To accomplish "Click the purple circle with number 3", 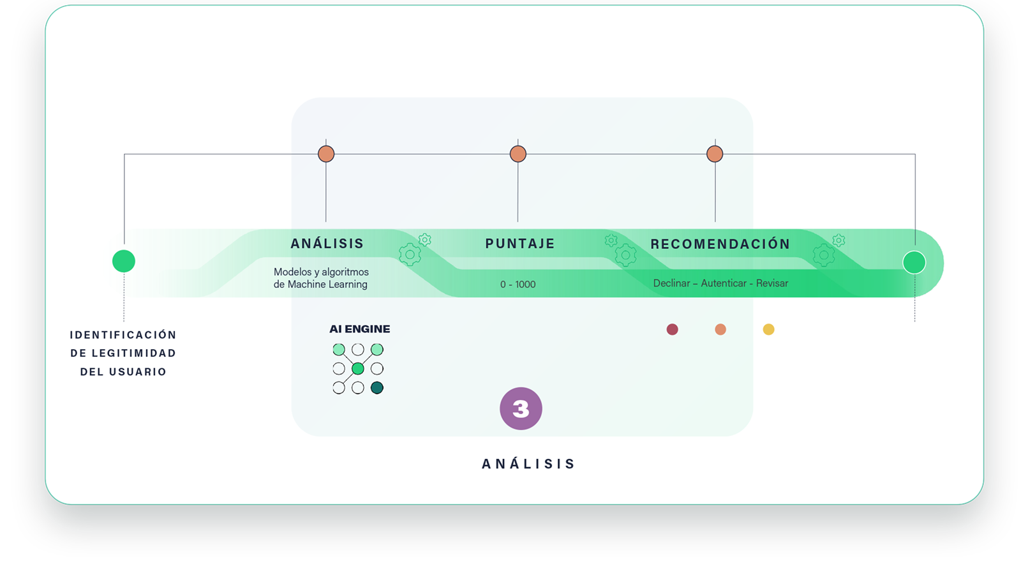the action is tap(521, 408).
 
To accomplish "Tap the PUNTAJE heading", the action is tap(520, 244).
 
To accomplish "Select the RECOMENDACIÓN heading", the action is tap(720, 244).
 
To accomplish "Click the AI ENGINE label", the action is tap(360, 329).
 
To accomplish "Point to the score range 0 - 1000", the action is tap(518, 285).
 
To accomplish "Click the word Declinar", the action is tap(671, 283).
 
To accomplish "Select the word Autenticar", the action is tap(724, 283).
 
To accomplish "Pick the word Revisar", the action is tap(772, 283).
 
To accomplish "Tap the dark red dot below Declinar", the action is tap(673, 329).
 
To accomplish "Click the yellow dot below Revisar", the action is tap(768, 329).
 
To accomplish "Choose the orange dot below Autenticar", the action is tap(720, 329).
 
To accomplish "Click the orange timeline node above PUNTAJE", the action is tap(518, 154).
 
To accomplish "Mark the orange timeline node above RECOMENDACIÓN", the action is tap(715, 154).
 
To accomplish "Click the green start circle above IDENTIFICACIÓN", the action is tap(124, 261).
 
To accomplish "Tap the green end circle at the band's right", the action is tap(914, 262).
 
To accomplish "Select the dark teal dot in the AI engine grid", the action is tap(377, 388).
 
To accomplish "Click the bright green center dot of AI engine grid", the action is tap(358, 368).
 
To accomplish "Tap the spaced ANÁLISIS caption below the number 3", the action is tap(528, 464).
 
